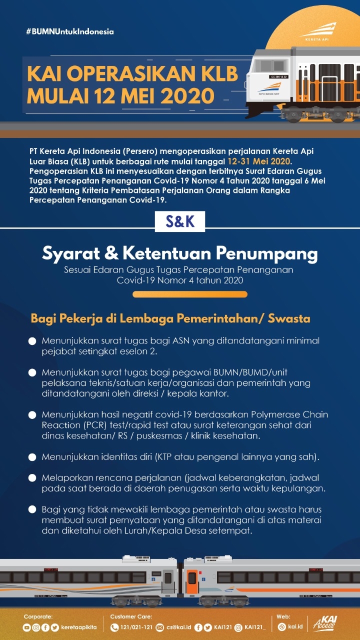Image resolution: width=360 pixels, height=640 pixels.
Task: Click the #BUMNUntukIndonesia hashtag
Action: click(70, 31)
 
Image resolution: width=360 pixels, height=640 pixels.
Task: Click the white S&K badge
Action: click(180, 221)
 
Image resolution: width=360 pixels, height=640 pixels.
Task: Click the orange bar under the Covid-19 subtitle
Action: click(189, 294)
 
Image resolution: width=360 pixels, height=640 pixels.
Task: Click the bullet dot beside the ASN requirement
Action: click(32, 341)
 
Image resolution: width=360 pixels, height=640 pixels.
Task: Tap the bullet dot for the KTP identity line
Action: click(32, 457)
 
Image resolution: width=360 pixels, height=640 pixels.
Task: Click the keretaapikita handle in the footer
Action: click(80, 627)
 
